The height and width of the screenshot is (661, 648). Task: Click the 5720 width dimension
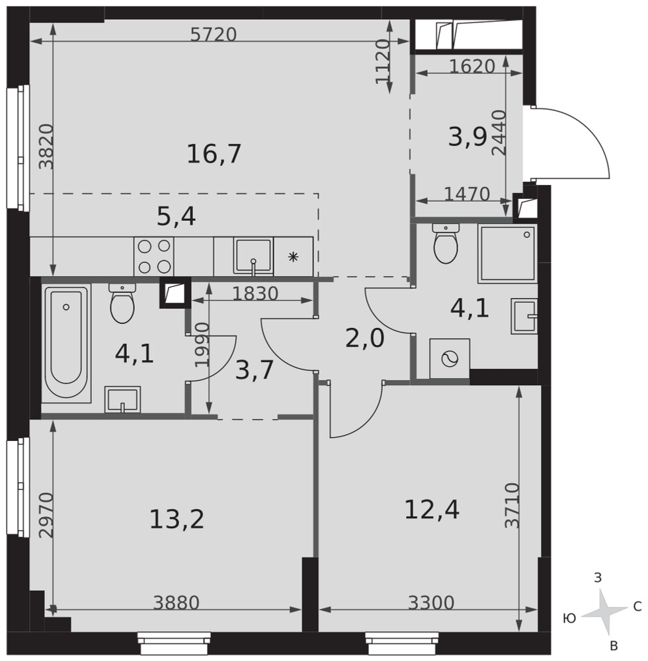point(214,34)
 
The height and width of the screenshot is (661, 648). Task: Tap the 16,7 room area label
point(214,153)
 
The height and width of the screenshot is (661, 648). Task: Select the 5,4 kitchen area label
point(177,217)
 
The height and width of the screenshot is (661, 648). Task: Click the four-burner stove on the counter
point(154,256)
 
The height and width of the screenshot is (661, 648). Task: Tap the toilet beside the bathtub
point(122,303)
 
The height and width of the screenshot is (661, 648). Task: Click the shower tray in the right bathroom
point(508,254)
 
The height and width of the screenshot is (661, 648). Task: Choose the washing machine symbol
point(450,359)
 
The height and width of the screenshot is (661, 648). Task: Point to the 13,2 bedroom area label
point(177,519)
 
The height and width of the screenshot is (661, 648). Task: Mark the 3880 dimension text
point(176,603)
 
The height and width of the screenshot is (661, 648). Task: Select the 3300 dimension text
point(431,603)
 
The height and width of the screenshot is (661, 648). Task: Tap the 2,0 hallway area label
point(365,338)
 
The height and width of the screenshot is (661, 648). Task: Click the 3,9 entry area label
point(468,137)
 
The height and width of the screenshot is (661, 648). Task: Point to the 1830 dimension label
point(255,294)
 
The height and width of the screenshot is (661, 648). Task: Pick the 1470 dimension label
point(467,194)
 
